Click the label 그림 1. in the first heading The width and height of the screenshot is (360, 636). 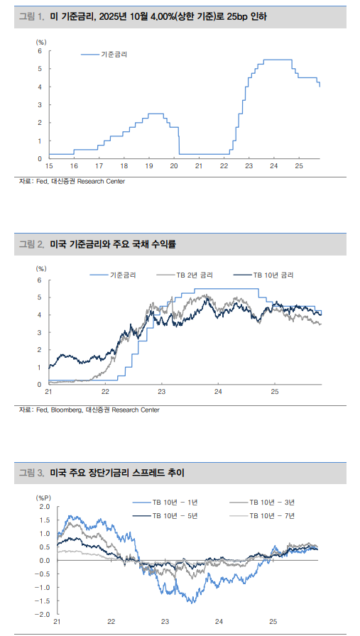pos(33,16)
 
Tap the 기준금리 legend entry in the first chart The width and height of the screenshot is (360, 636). pos(115,54)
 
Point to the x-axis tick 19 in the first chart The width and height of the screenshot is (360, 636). pos(148,165)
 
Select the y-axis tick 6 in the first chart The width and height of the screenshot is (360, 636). pos(40,51)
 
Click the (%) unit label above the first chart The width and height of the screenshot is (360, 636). pos(41,42)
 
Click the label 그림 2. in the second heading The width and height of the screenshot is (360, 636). pos(33,244)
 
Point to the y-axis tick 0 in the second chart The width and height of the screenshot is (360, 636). pos(40,384)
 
